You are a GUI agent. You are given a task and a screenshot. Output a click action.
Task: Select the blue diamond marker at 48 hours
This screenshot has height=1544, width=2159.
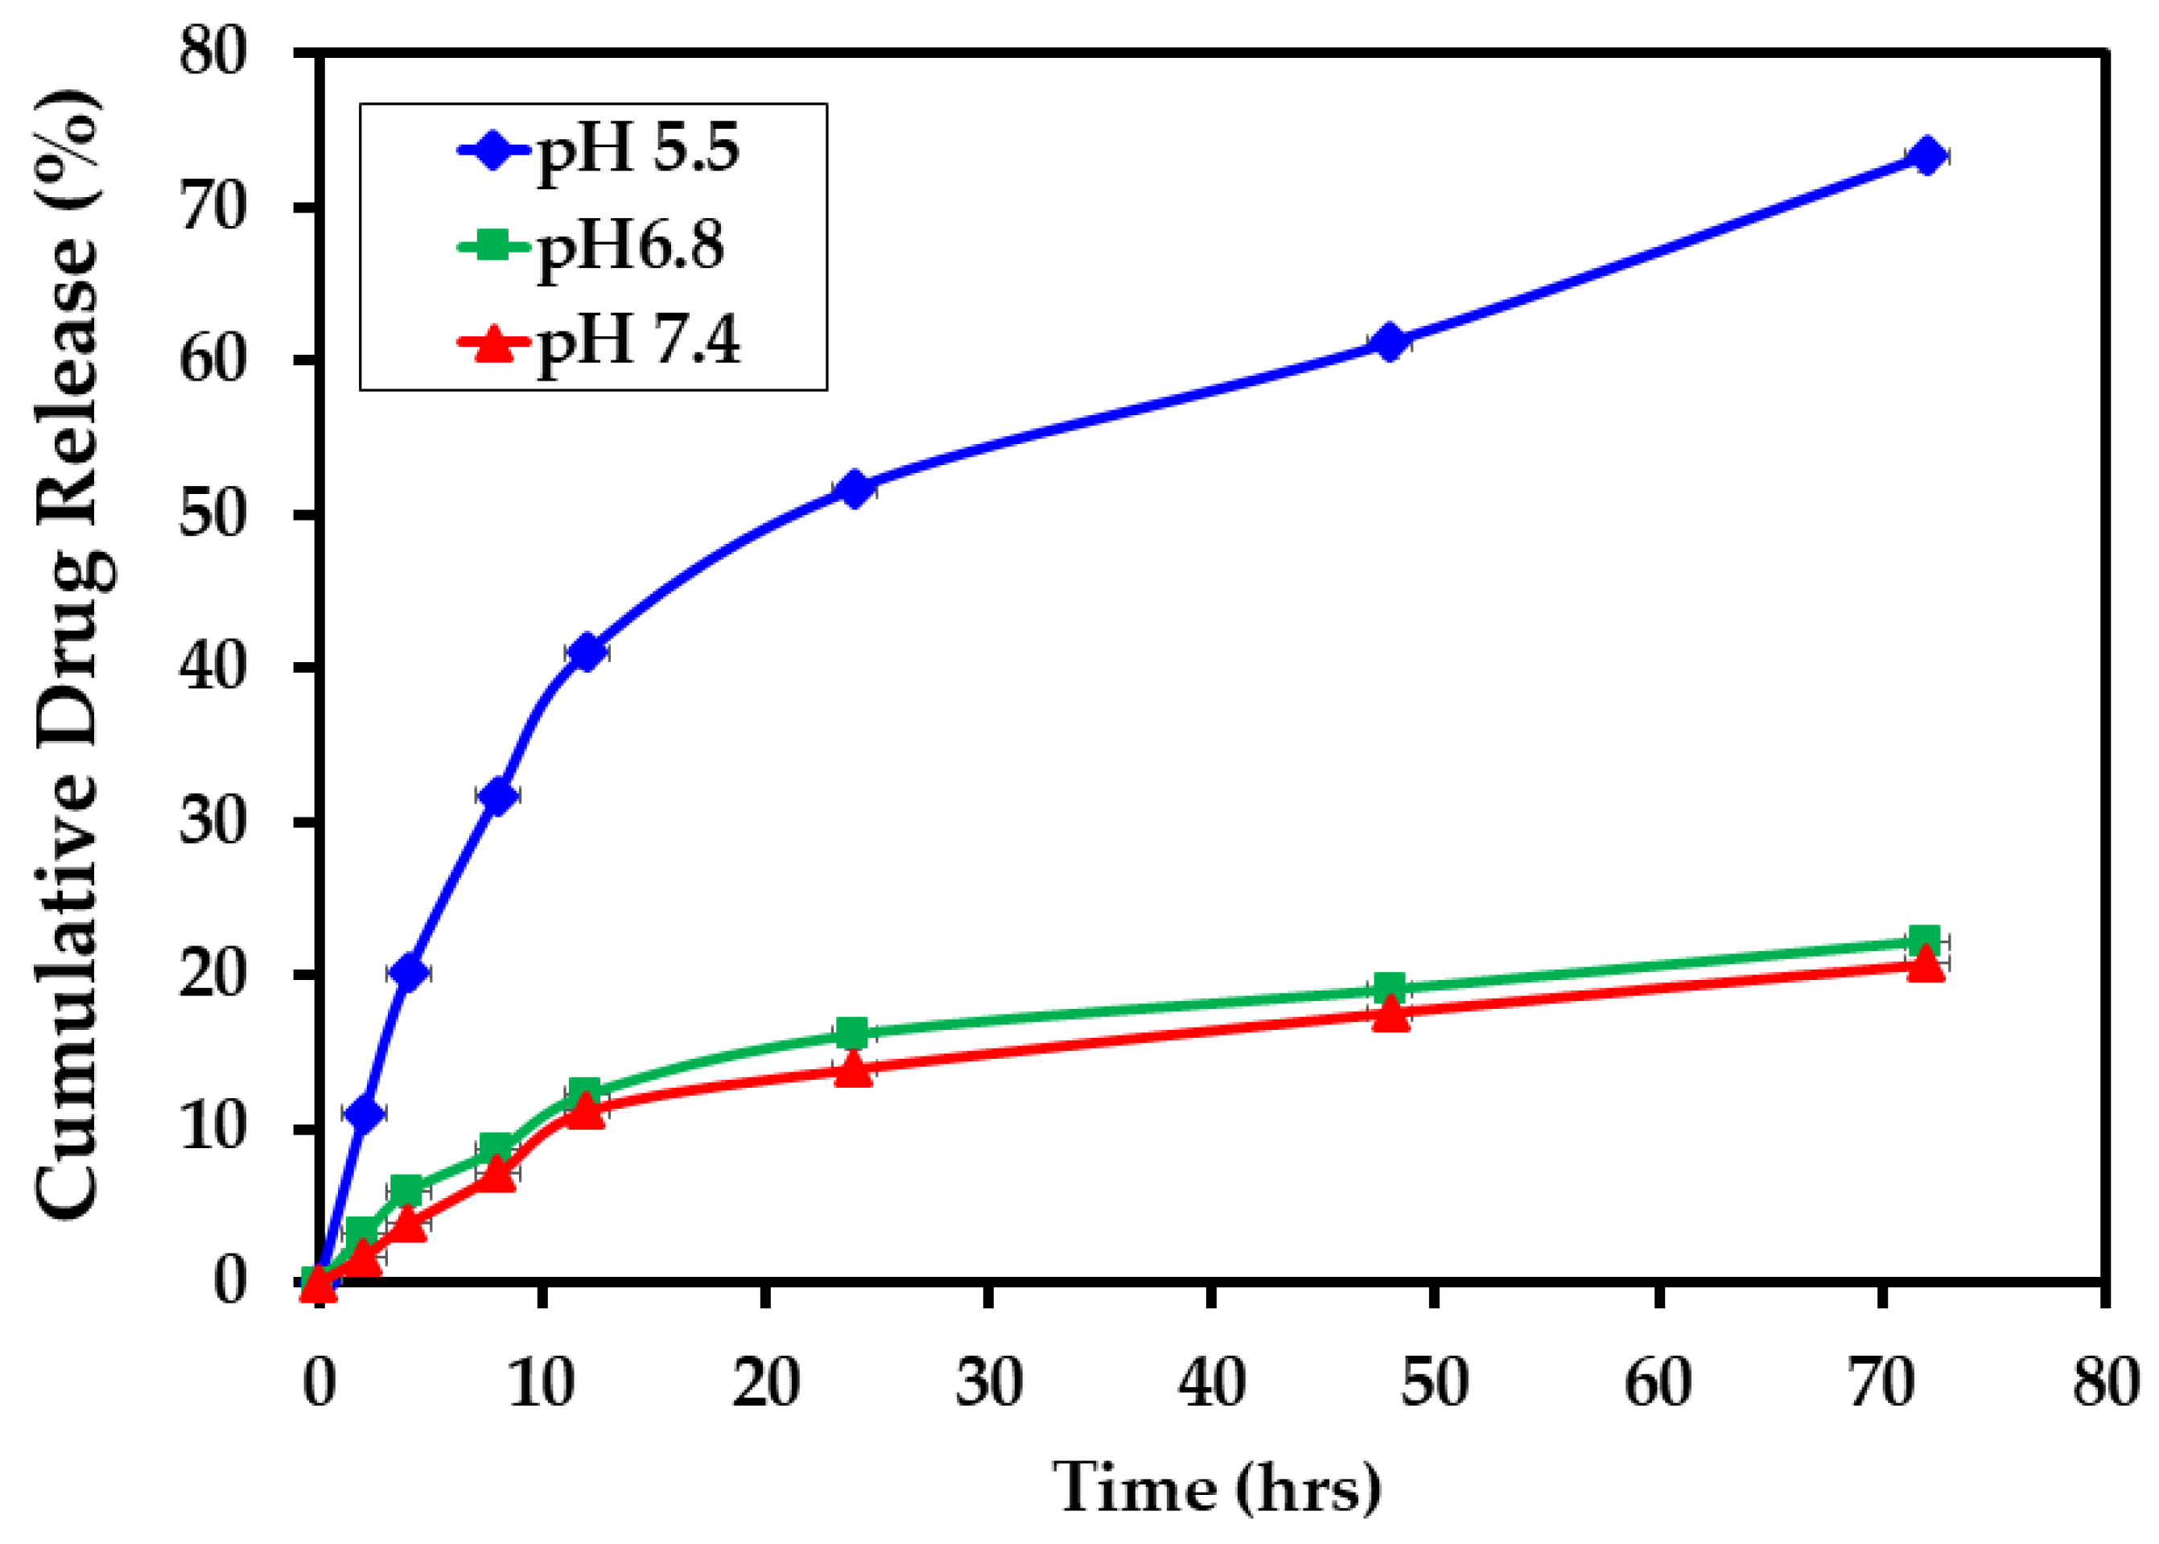pos(1390,342)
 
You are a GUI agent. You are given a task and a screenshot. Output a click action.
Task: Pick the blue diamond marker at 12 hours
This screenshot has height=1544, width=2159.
pos(586,653)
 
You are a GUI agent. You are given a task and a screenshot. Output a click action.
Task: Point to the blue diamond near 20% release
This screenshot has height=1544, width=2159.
pos(409,972)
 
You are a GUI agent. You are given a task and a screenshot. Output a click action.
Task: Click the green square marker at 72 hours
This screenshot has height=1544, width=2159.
pos(1924,941)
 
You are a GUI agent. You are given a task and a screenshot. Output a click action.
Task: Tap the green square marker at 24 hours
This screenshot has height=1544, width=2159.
pos(852,1032)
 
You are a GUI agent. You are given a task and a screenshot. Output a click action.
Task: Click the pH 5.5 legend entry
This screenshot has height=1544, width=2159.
pos(638,150)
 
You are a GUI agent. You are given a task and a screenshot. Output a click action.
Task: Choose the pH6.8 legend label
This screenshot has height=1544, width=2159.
pos(630,247)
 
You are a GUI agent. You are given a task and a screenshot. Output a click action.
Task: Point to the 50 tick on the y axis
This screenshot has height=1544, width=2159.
pos(214,514)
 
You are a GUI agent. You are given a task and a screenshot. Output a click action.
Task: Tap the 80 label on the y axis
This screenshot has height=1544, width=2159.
pos(214,51)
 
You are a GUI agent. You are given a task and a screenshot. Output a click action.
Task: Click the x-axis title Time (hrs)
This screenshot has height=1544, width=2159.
pos(1216,1487)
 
